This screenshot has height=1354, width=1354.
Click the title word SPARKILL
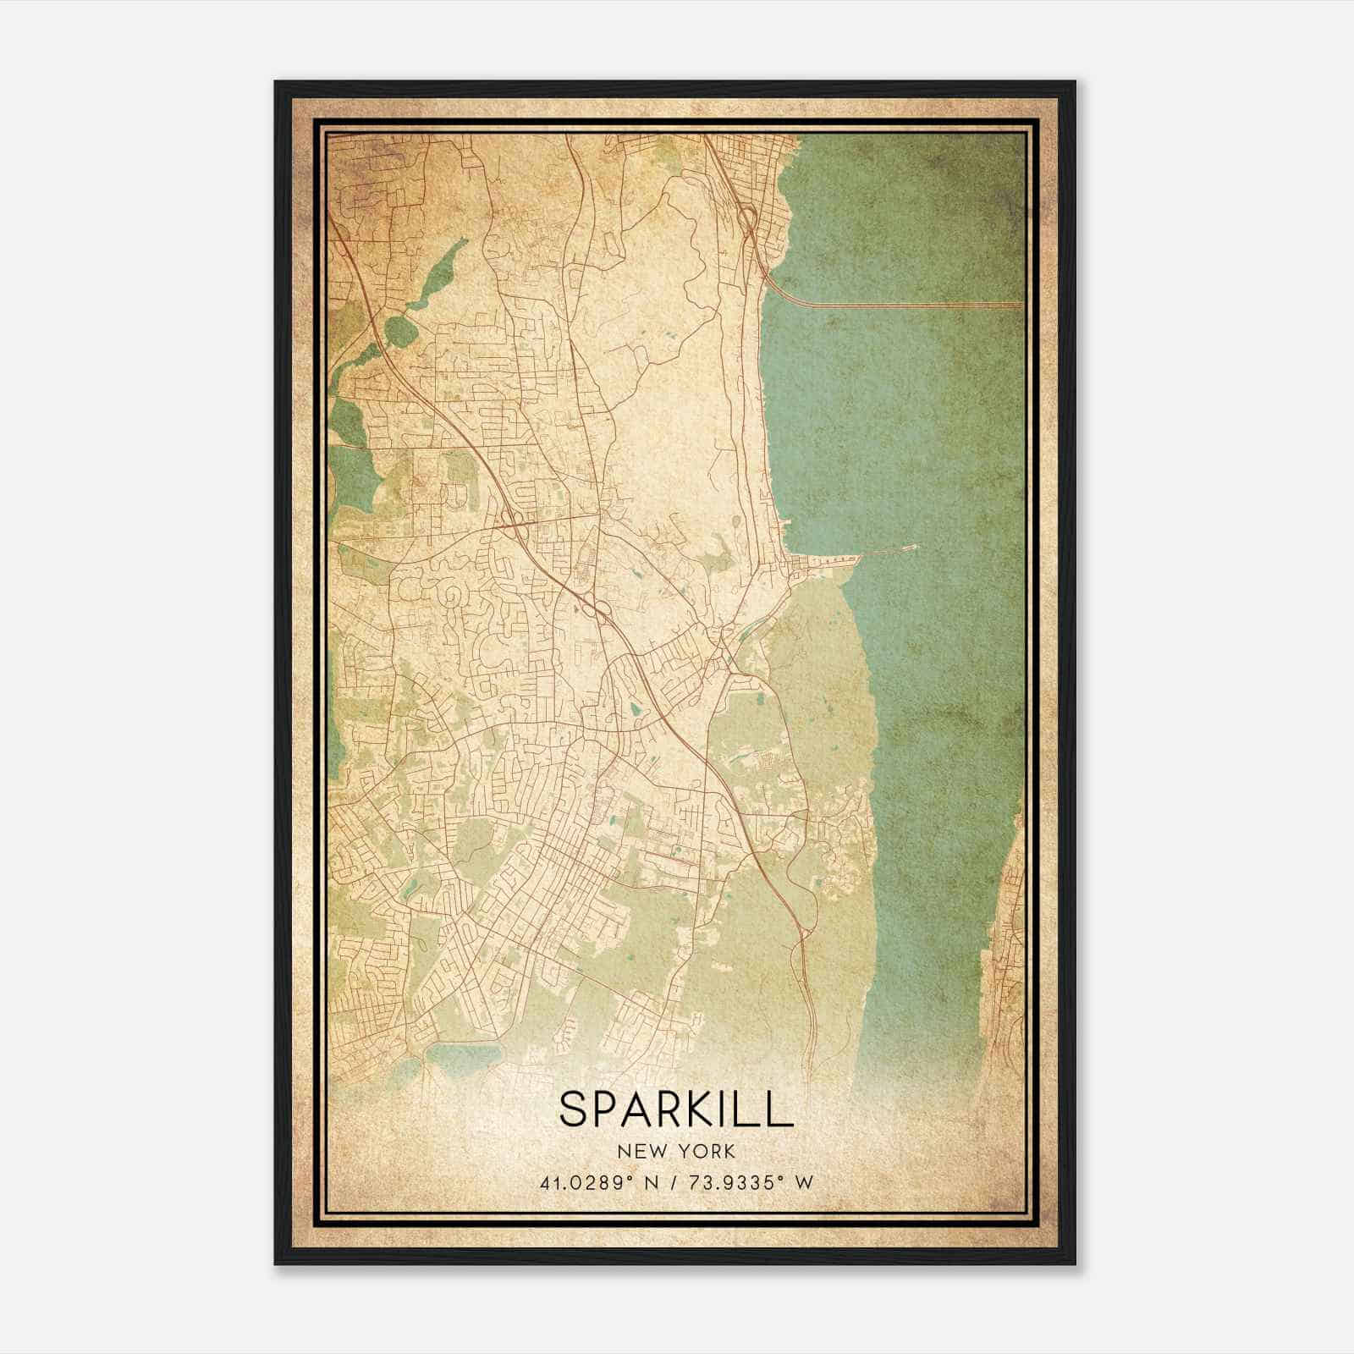676,1109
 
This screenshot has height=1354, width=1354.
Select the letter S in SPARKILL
571,1109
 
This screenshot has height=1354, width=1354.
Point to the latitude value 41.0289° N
598,1182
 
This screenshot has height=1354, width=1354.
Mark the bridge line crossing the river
914,305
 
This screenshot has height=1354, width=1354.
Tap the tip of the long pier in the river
916,548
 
